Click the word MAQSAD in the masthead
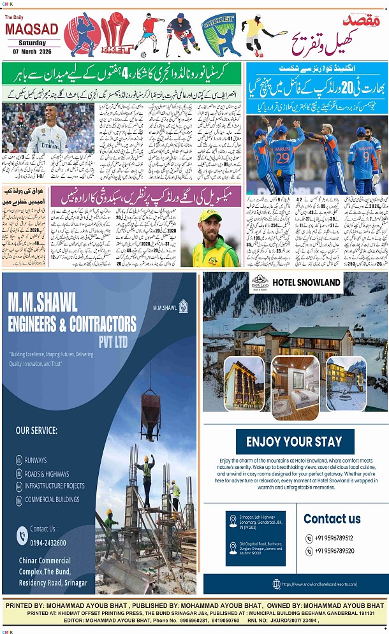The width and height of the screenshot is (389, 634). pos(31,28)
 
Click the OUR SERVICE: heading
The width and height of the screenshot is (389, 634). pos(36,430)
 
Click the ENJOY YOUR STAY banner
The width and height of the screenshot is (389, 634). pos(294,442)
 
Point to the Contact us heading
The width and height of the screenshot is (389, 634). pos(332,518)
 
